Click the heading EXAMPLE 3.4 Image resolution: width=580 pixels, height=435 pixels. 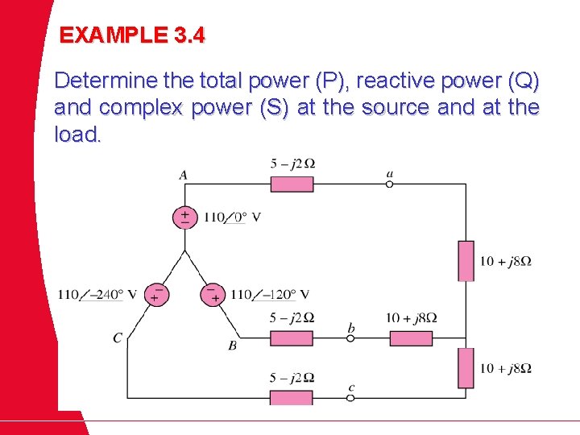pyautogui.click(x=133, y=35)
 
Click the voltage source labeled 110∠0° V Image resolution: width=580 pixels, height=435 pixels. pyautogui.click(x=185, y=217)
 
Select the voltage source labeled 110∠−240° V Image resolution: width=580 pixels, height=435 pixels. pyautogui.click(x=156, y=295)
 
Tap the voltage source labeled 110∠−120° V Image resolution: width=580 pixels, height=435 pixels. pyautogui.click(x=212, y=295)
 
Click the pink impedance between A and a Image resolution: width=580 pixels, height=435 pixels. pyautogui.click(x=292, y=184)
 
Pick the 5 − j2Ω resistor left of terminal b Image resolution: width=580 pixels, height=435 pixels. pyautogui.click(x=292, y=338)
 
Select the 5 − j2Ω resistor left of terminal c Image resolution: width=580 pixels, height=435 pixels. pyautogui.click(x=292, y=398)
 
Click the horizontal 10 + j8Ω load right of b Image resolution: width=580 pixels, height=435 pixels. pyautogui.click(x=411, y=338)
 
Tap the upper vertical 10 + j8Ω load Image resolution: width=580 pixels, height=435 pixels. pyautogui.click(x=466, y=260)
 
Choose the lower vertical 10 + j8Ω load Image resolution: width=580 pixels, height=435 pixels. pyautogui.click(x=466, y=368)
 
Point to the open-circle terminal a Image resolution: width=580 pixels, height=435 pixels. pyautogui.click(x=389, y=184)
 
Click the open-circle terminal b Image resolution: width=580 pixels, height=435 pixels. pyautogui.click(x=350, y=338)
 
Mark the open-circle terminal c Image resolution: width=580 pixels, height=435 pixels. pyautogui.click(x=350, y=398)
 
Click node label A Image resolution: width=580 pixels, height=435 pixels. pyautogui.click(x=183, y=175)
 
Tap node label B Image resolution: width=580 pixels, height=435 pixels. pyautogui.click(x=232, y=346)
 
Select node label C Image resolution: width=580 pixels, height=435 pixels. pyautogui.click(x=117, y=338)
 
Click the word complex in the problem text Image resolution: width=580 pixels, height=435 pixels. pyautogui.click(x=142, y=107)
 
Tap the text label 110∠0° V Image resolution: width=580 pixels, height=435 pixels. pyautogui.click(x=232, y=217)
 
